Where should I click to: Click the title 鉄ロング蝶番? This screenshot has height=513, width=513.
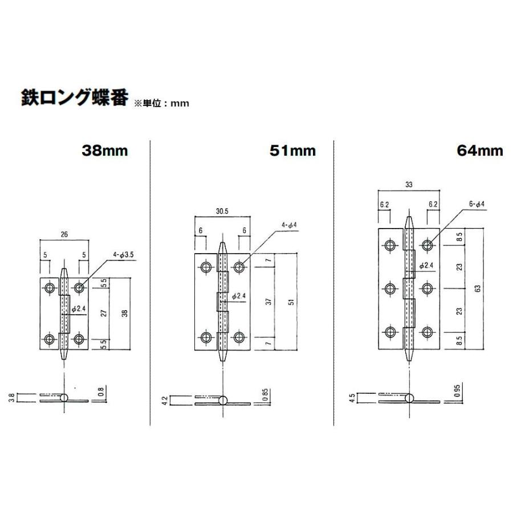point(75,97)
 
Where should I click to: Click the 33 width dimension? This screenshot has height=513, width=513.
point(409,184)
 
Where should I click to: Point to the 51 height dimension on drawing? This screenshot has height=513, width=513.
point(291,302)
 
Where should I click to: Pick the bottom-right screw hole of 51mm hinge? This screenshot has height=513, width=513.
point(239,336)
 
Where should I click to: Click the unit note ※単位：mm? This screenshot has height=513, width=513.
point(161,104)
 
